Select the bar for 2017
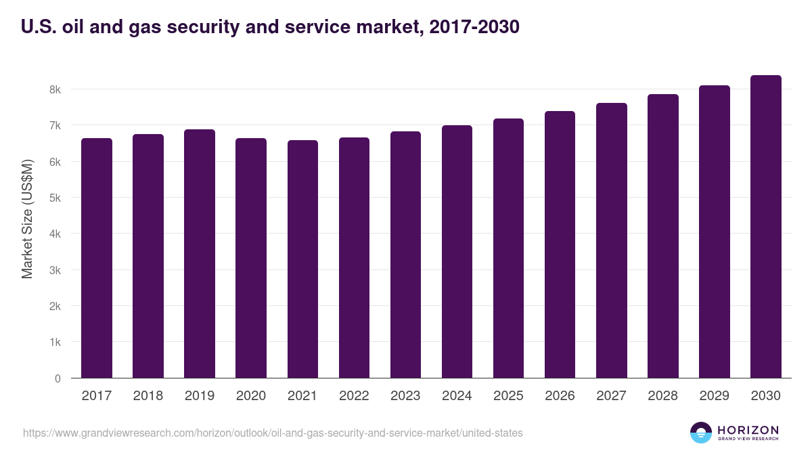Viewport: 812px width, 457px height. click(96, 258)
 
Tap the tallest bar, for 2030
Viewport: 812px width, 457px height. click(766, 227)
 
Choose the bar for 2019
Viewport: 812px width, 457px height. click(200, 254)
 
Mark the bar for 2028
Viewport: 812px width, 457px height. click(663, 236)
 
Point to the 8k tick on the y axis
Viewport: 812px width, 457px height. click(55, 89)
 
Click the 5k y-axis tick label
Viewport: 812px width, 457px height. click(55, 198)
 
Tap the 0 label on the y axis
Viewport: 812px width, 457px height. click(58, 378)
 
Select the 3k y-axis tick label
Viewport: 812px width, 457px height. click(55, 270)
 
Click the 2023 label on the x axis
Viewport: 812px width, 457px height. click(405, 396)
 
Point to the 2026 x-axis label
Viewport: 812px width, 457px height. click(560, 396)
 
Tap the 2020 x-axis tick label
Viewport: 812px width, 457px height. click(250, 396)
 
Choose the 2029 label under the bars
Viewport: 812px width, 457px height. click(715, 396)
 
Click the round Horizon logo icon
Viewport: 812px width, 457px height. click(701, 433)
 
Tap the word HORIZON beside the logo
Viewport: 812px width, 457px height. click(748, 429)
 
